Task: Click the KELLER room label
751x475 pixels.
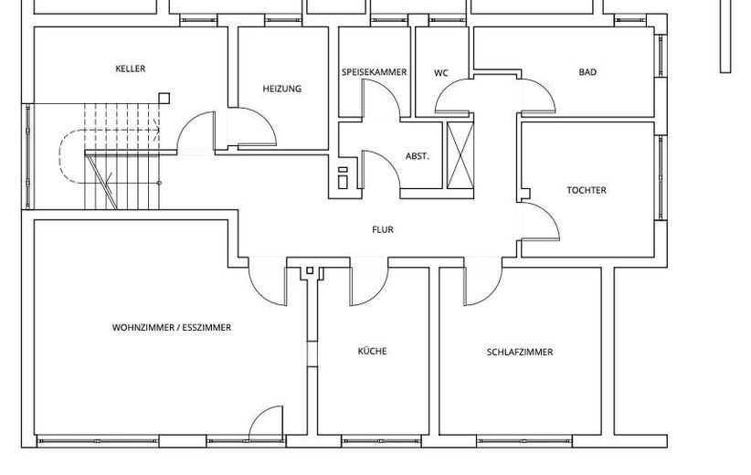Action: [x=131, y=69]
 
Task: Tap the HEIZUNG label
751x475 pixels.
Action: [x=281, y=89]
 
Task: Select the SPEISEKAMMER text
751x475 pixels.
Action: [x=374, y=72]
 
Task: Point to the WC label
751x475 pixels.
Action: [x=441, y=72]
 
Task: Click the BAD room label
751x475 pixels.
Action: [x=587, y=72]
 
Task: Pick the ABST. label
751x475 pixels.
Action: [x=418, y=156]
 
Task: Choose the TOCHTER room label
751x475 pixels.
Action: [x=586, y=190]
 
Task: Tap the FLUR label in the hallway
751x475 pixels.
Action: [x=383, y=230]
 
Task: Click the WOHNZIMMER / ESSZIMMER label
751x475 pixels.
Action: [x=172, y=327]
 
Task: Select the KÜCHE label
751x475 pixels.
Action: [x=372, y=351]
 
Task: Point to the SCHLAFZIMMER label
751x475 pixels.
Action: [x=520, y=352]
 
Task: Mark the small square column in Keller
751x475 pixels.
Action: [x=164, y=99]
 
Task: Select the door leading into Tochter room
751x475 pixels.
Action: [x=540, y=219]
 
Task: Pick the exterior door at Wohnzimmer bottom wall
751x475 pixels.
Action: [x=267, y=423]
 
